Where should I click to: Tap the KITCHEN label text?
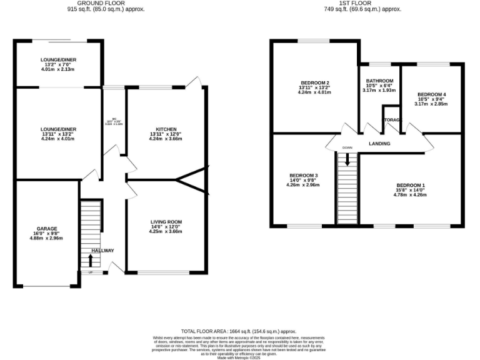tap(166, 129)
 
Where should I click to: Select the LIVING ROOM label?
tap(166, 221)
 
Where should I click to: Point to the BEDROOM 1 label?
tap(411, 185)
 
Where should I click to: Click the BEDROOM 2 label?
tap(314, 83)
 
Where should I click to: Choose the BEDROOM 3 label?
tap(303, 175)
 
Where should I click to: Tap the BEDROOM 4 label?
tap(431, 94)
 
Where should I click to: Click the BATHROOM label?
tap(379, 81)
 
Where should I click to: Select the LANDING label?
tap(379, 144)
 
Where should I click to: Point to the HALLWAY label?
tap(103, 251)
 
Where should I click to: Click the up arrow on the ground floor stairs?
tap(91, 259)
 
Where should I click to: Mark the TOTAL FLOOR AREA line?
tap(238, 331)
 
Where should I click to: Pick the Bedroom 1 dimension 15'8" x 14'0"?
tap(411, 190)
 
